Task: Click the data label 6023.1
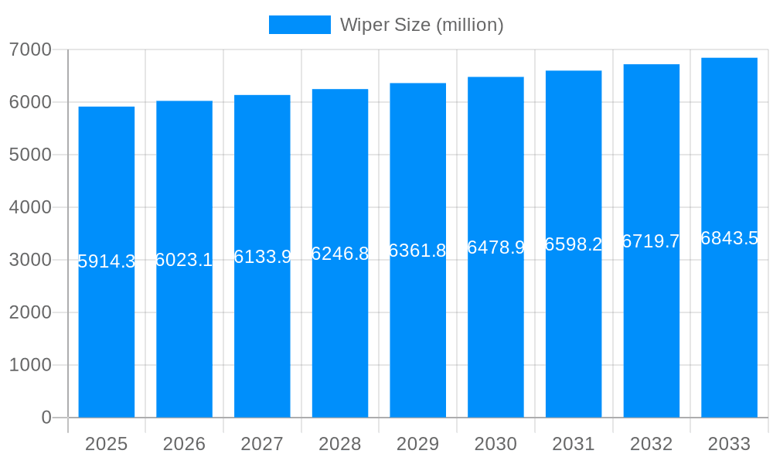[x=184, y=260]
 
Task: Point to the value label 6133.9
[x=262, y=257]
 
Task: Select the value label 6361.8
[x=417, y=251]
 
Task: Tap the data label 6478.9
[x=495, y=247]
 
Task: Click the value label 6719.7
[x=651, y=241]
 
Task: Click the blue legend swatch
[x=299, y=25]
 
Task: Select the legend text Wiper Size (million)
[x=422, y=25]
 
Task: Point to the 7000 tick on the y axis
[x=30, y=49]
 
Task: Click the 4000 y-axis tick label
[x=30, y=207]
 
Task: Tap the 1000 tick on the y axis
[x=30, y=365]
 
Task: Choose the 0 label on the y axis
[x=46, y=418]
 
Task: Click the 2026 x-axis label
[x=184, y=444]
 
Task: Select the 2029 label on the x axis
[x=417, y=444]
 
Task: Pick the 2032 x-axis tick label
[x=651, y=444]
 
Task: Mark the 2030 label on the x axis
[x=495, y=444]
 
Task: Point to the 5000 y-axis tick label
[x=30, y=155]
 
